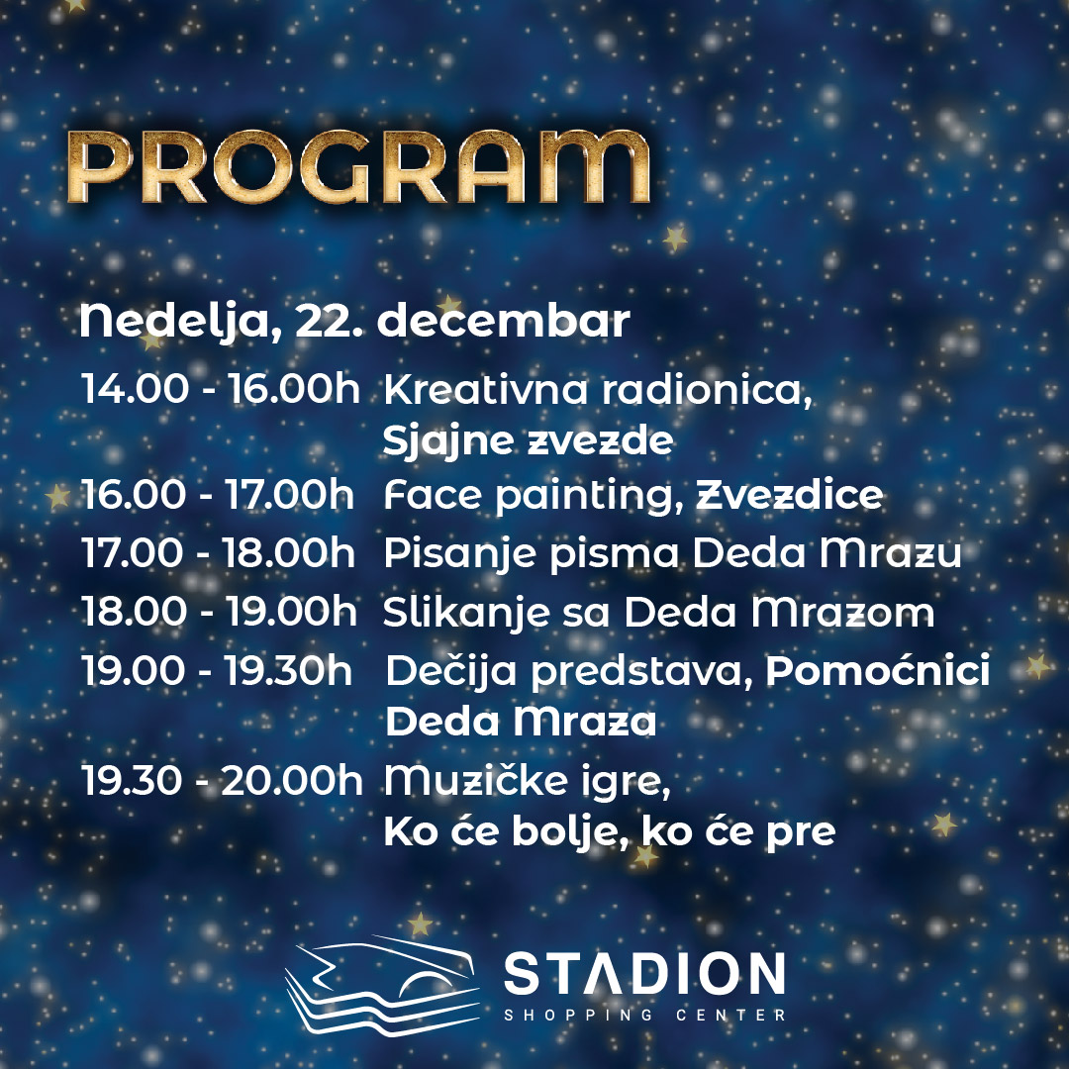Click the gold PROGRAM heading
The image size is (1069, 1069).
click(x=358, y=167)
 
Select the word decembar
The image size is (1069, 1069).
click(x=504, y=320)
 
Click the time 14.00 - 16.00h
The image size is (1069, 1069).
click(x=220, y=389)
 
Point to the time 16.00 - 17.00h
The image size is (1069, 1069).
click(x=218, y=494)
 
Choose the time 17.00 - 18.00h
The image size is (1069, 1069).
click(x=218, y=552)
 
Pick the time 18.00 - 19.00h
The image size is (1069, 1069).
click(x=219, y=611)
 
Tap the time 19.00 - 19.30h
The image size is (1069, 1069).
click(x=217, y=670)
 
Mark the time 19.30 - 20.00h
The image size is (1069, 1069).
click(x=222, y=780)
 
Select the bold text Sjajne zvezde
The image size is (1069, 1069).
click(x=529, y=441)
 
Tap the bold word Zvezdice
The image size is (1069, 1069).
click(x=790, y=495)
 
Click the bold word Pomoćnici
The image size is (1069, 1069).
click(x=878, y=670)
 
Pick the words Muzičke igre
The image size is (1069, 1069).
click(x=528, y=781)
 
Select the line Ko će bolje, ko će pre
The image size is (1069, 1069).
click(x=610, y=831)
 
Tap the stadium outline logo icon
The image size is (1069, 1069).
click(x=382, y=983)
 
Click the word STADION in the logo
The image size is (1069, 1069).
click(x=644, y=973)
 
